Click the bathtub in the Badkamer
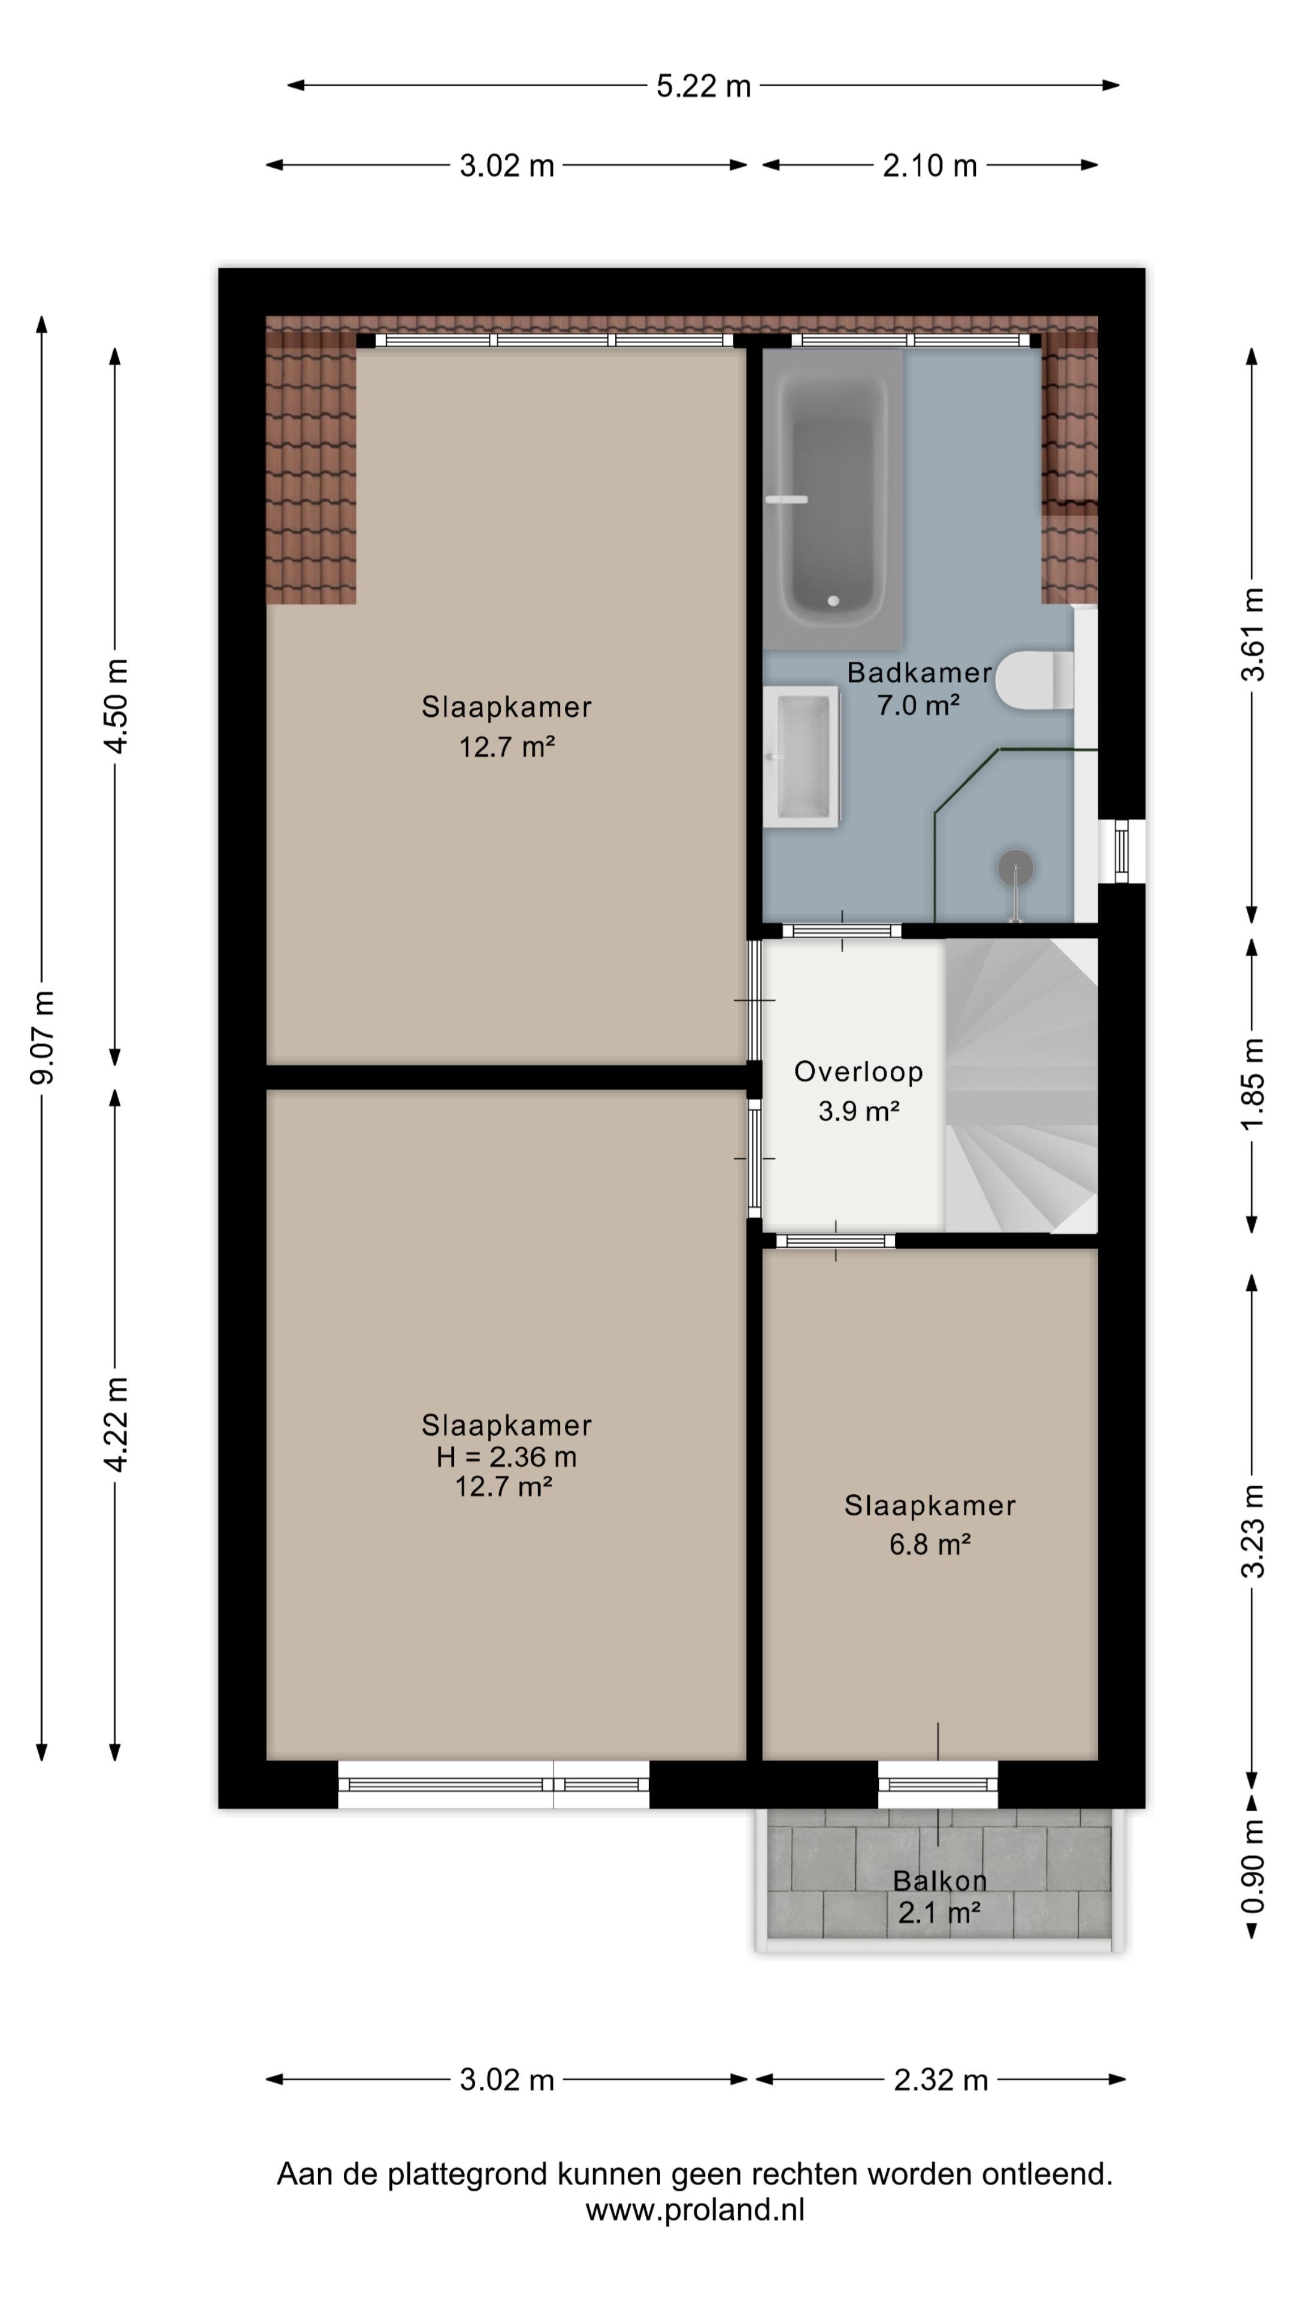tap(832, 498)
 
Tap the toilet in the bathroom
tap(1034, 680)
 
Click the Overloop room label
tap(858, 1072)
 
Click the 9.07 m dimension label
tap(42, 1037)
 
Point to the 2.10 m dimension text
tap(930, 166)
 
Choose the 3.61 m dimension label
tap(1252, 635)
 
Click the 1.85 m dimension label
tap(1252, 1085)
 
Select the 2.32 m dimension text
tap(941, 2080)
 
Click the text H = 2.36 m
tap(506, 1457)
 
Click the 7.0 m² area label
tap(918, 706)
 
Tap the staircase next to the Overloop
tap(1021, 1085)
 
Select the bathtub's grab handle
tap(787, 499)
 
